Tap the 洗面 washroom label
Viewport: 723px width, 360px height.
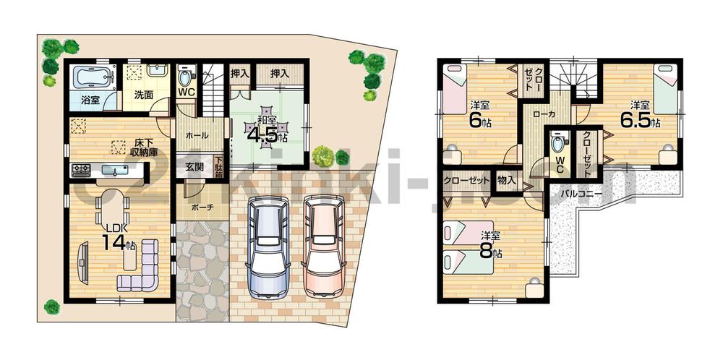point(143,94)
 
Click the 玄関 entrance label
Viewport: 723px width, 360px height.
point(194,167)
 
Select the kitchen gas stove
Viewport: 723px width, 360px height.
point(80,171)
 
